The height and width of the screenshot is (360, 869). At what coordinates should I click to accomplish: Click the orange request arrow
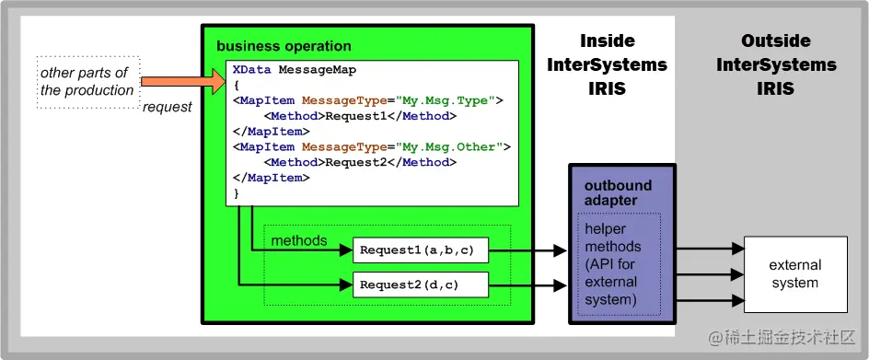point(183,82)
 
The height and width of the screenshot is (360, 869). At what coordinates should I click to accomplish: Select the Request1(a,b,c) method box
point(421,250)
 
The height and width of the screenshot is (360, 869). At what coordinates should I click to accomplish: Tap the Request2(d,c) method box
point(421,285)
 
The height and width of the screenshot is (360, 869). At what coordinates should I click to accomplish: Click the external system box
point(795,274)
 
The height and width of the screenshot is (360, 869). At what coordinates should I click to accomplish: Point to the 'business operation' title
point(284,46)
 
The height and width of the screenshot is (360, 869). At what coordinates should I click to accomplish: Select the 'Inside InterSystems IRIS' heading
point(608,64)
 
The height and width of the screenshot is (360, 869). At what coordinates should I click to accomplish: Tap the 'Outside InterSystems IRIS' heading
point(776,64)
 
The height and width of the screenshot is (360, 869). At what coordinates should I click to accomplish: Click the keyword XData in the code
point(252,70)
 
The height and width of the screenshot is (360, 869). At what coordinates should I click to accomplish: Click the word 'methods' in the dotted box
point(299,240)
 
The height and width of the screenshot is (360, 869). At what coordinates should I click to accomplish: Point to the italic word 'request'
point(168,107)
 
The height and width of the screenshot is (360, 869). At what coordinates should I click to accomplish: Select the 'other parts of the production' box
point(88,82)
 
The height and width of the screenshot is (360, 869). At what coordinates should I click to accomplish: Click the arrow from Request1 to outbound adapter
point(527,250)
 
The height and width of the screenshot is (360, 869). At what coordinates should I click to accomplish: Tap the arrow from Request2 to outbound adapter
point(527,285)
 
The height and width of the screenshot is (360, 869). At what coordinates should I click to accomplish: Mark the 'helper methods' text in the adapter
point(613,238)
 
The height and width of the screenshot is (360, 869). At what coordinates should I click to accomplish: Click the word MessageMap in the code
point(318,70)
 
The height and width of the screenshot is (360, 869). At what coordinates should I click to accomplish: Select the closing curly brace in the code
point(237,193)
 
